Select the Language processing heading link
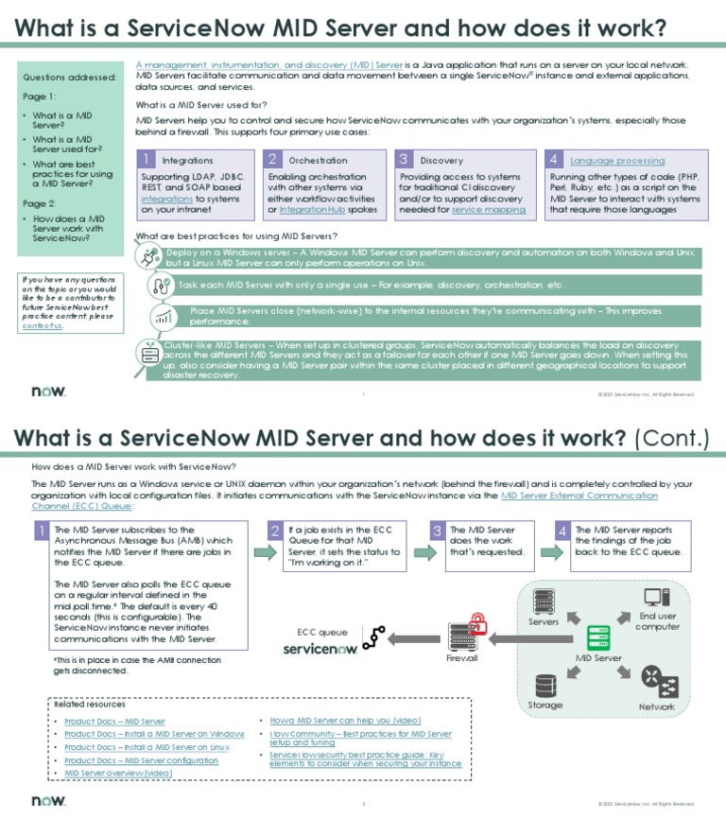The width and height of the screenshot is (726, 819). pos(617,161)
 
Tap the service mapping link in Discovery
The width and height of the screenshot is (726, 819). pos(489,209)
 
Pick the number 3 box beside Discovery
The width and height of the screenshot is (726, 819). pos(404,160)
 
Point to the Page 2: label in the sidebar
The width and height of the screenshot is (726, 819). pos(40,203)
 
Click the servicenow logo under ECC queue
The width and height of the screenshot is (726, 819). pos(320,650)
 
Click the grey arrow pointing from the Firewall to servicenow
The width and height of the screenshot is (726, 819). pos(413,639)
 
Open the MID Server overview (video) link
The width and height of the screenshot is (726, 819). pos(118,773)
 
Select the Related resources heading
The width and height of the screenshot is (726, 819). pos(90,705)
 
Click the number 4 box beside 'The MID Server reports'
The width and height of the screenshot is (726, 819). pos(562,531)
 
